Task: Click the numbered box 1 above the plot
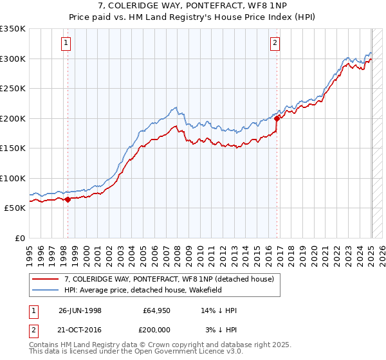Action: (67, 44)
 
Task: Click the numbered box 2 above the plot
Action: (275, 44)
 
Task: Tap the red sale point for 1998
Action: (68, 199)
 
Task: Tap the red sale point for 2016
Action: (277, 118)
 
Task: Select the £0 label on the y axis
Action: (20, 238)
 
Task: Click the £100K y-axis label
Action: (14, 178)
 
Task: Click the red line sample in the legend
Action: (46, 279)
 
